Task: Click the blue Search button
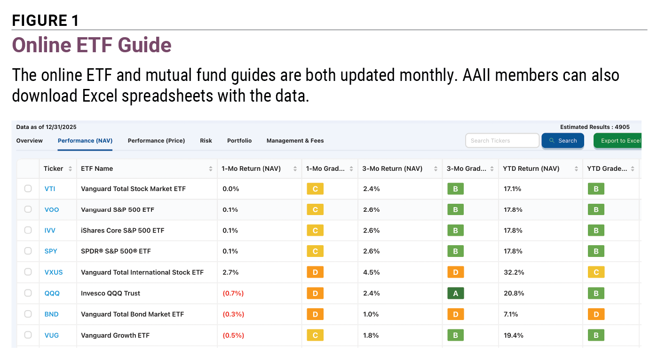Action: pos(563,141)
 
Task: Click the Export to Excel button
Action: pos(618,141)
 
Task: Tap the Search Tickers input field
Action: pos(502,141)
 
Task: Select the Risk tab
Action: pos(206,141)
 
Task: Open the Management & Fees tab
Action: pos(295,141)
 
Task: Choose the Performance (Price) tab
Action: pos(156,141)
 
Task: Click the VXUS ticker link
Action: pos(54,272)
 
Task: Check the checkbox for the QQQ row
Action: pos(28,293)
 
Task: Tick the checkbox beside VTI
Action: pos(28,188)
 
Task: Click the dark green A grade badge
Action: pos(456,293)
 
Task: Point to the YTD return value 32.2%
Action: pos(514,272)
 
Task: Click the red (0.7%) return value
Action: pos(233,293)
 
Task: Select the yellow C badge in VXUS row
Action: pos(596,272)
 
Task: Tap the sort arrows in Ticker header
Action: pos(70,168)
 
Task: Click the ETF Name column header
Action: pos(97,168)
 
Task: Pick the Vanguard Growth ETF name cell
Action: pos(115,336)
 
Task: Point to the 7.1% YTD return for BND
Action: pos(511,314)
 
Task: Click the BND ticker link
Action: pos(51,314)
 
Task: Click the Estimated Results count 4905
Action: pos(622,127)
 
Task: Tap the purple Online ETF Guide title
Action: pos(92,45)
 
